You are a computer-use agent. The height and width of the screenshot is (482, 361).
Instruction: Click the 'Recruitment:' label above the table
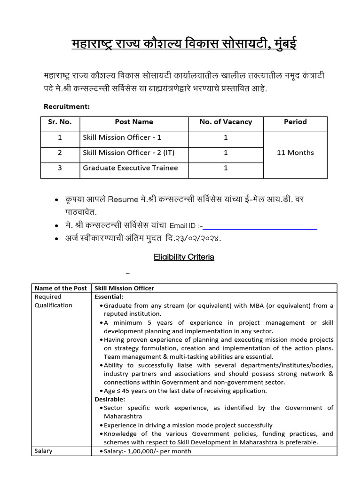pyautogui.click(x=66, y=106)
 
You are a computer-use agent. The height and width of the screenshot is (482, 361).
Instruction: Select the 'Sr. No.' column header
pyautogui.click(x=60, y=122)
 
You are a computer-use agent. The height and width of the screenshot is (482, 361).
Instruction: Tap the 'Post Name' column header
pyautogui.click(x=134, y=122)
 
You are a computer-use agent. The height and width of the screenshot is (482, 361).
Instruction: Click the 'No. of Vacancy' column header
pyautogui.click(x=226, y=122)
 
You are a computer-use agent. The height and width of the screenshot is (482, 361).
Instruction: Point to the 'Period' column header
pyautogui.click(x=295, y=122)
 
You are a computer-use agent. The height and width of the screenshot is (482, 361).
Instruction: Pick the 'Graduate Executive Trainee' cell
pyautogui.click(x=130, y=168)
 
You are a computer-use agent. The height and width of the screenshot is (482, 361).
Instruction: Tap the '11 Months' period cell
pyautogui.click(x=295, y=153)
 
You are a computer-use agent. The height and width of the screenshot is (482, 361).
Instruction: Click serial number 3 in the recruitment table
pyautogui.click(x=60, y=168)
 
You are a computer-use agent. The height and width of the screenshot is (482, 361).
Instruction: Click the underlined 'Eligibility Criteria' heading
pyautogui.click(x=184, y=257)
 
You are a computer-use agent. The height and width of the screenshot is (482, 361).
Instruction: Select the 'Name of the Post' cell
pyautogui.click(x=60, y=288)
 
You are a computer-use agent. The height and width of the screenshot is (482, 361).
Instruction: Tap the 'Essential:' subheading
pyautogui.click(x=109, y=297)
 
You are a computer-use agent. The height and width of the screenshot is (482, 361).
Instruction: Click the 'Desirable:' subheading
pyautogui.click(x=110, y=399)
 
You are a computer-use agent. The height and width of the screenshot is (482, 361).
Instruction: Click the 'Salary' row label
pyautogui.click(x=44, y=451)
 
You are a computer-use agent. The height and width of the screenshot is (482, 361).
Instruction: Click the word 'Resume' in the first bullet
pyautogui.click(x=122, y=200)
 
